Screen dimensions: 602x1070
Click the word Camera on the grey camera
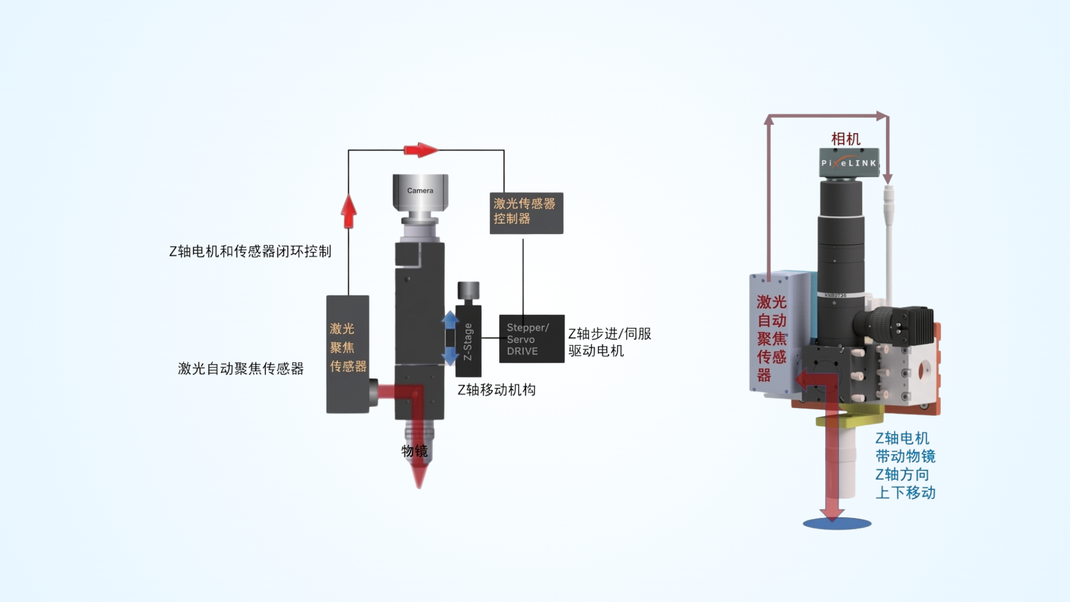pyautogui.click(x=420, y=191)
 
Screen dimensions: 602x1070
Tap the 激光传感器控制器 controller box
pyautogui.click(x=526, y=212)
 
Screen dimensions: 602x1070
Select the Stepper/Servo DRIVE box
pyautogui.click(x=531, y=339)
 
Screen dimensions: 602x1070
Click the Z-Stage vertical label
pyautogui.click(x=468, y=342)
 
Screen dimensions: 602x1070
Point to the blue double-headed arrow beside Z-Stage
pyautogui.click(x=450, y=338)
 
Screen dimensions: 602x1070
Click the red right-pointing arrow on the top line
pyautogui.click(x=421, y=150)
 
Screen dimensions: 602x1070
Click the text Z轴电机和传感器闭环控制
pyautogui.click(x=250, y=251)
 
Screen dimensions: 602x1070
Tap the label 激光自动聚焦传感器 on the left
pyautogui.click(x=241, y=368)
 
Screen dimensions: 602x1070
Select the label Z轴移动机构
pyautogui.click(x=497, y=390)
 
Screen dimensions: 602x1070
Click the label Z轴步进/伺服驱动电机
pyautogui.click(x=609, y=342)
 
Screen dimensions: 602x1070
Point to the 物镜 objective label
pyautogui.click(x=415, y=451)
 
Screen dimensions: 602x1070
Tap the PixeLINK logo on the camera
pyautogui.click(x=849, y=163)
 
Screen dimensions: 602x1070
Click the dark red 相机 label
pyautogui.click(x=845, y=139)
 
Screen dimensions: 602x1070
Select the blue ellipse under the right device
pyautogui.click(x=836, y=523)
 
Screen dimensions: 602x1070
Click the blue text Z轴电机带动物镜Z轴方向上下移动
pyautogui.click(x=905, y=465)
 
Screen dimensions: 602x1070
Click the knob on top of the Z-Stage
pyautogui.click(x=468, y=290)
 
